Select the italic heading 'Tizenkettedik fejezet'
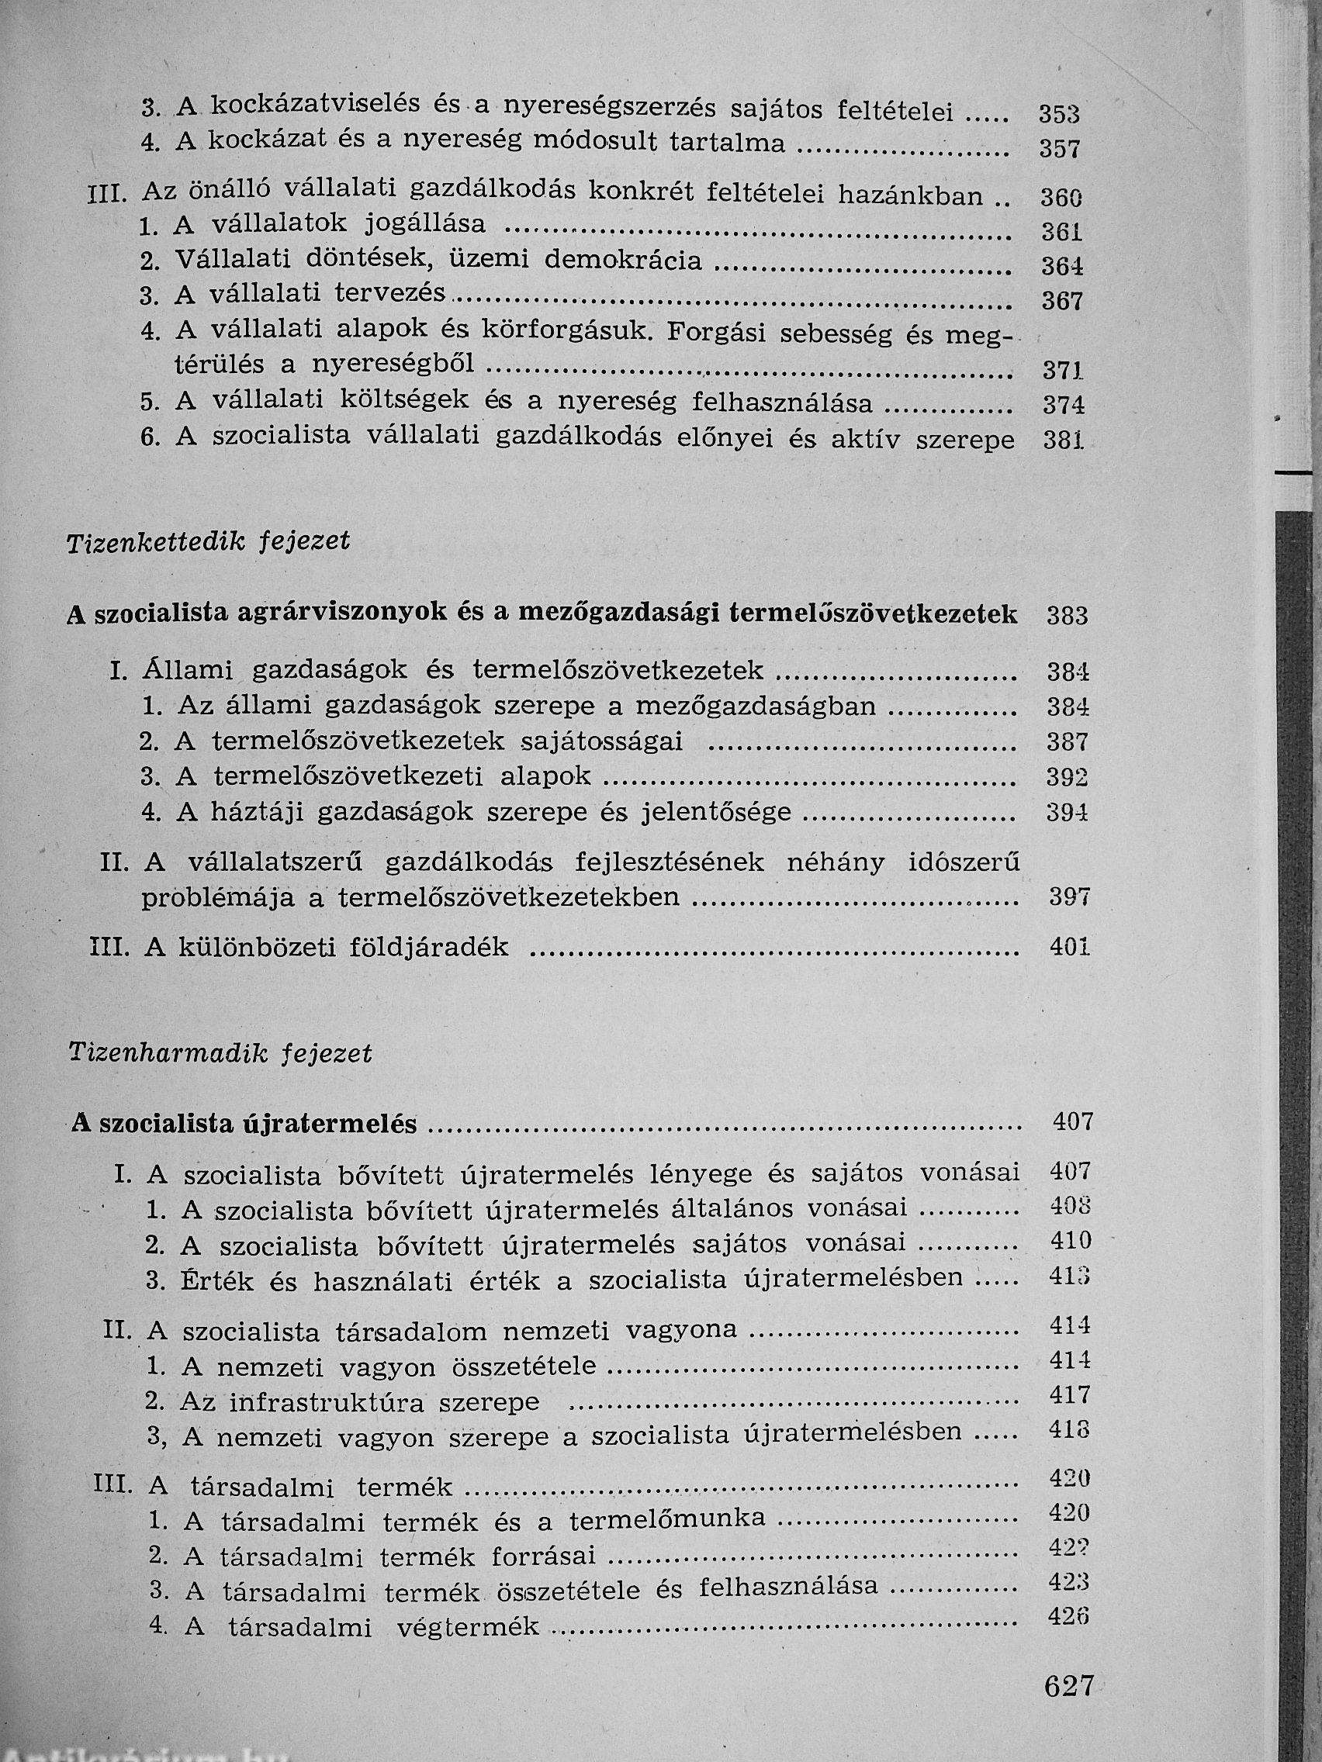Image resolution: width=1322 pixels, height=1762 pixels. pos(209,541)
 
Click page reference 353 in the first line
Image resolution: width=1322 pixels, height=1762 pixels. pos(1059,115)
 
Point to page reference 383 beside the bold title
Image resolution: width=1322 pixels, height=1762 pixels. pos(1067,616)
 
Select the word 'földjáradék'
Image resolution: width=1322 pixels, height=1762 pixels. pos(429,946)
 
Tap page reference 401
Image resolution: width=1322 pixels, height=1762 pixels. pos(1068,947)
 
